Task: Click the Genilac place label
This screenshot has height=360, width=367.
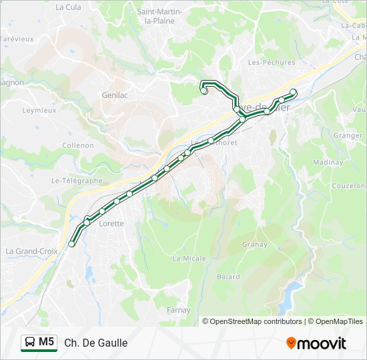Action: tap(115, 95)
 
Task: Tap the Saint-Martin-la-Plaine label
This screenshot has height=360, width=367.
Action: tap(160, 16)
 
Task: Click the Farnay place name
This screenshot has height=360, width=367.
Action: tap(178, 310)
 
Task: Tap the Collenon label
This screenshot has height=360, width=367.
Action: tap(77, 145)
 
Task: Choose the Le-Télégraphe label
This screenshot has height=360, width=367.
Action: tap(77, 181)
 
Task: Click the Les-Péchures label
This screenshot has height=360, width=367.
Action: tap(262, 63)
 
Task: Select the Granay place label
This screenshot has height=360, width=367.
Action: tap(254, 245)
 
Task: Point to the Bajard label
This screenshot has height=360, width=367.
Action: tap(228, 276)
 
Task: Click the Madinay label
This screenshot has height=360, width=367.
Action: tap(328, 163)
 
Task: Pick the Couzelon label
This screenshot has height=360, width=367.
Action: tap(348, 186)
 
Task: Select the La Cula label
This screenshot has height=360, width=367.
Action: tap(68, 7)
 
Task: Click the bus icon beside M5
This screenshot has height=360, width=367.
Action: tap(30, 343)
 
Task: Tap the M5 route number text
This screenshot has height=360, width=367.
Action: tap(47, 343)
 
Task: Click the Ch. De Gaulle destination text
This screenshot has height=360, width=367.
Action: tap(96, 343)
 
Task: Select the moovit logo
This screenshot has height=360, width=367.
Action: tap(316, 343)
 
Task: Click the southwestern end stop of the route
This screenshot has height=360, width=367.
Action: tap(71, 244)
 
